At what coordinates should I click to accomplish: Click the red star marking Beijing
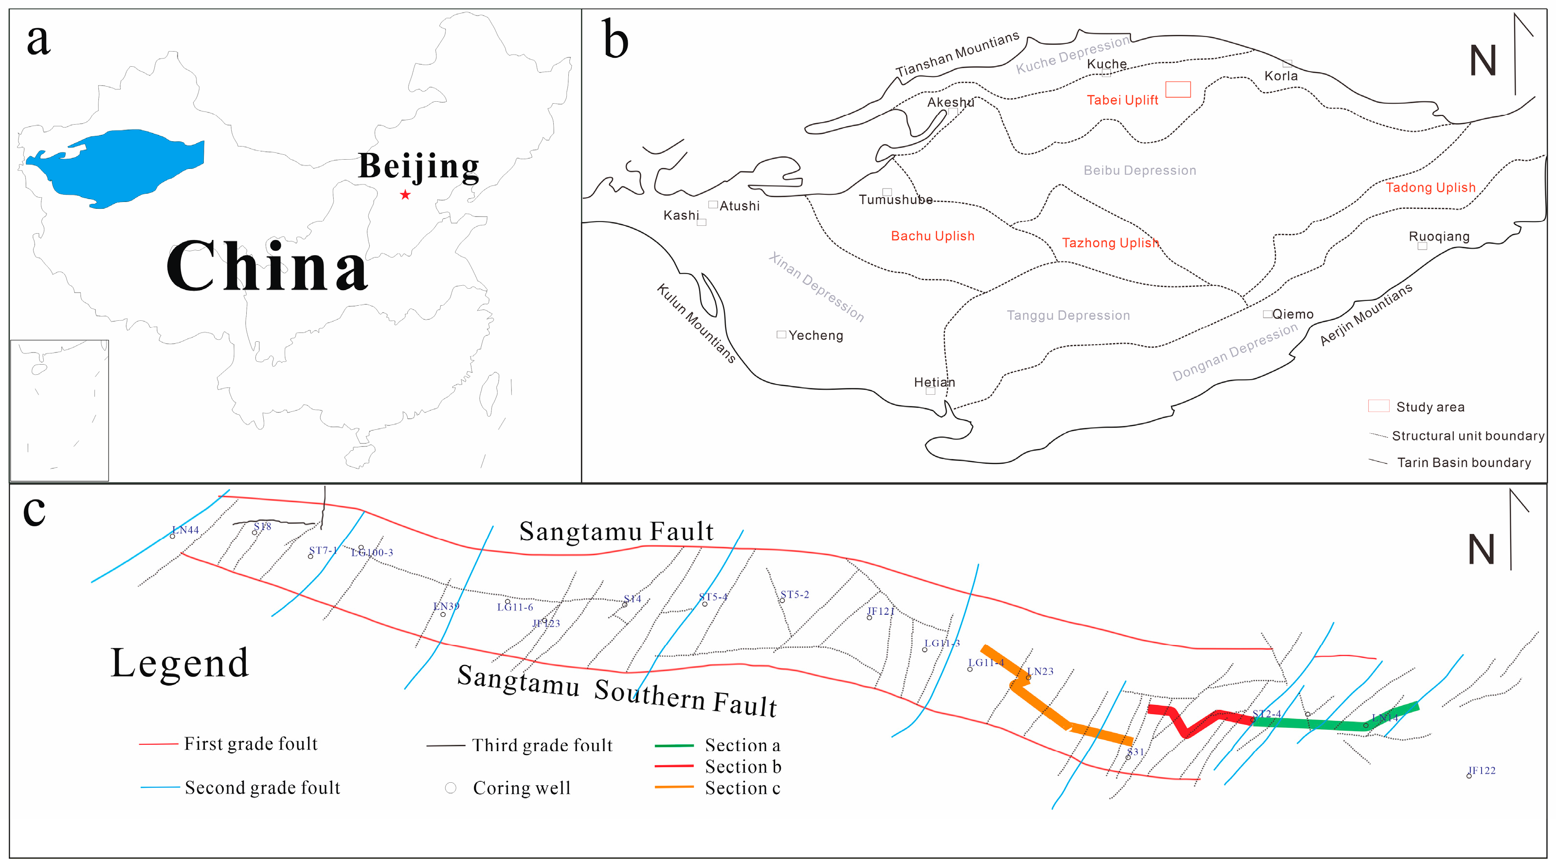[405, 195]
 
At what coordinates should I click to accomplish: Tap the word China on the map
[267, 266]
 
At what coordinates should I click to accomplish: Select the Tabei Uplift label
[1122, 100]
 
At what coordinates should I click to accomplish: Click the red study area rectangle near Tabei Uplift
[1178, 90]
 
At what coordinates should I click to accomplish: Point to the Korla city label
[1281, 76]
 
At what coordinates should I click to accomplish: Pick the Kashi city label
[681, 216]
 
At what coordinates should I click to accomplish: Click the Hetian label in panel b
[935, 383]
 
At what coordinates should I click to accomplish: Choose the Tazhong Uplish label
[1110, 243]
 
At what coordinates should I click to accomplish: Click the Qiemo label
[1293, 314]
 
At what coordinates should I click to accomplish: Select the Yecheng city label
[815, 335]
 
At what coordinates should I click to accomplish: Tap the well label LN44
[185, 530]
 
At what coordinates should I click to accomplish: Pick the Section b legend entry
[742, 767]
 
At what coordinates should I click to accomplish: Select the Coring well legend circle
[451, 788]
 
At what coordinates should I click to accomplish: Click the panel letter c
[34, 511]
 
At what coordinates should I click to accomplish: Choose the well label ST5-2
[795, 594]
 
